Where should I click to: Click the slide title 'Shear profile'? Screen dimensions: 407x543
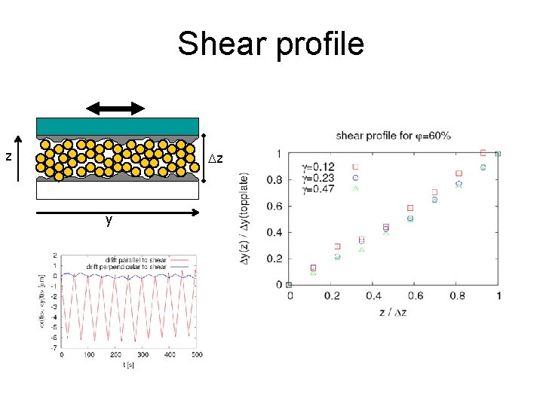click(271, 44)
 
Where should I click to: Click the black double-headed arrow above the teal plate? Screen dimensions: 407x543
click(116, 109)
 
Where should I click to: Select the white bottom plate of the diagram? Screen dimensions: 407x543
click(117, 191)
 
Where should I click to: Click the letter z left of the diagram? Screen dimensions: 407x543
click(8, 157)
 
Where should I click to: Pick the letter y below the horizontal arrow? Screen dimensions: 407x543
click(109, 220)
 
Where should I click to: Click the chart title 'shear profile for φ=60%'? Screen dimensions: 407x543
click(393, 136)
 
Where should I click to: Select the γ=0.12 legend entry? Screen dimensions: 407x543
click(319, 166)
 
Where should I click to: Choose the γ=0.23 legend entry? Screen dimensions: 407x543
click(319, 177)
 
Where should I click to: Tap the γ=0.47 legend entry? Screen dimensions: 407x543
click(319, 188)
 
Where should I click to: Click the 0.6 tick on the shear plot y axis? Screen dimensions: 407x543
click(276, 206)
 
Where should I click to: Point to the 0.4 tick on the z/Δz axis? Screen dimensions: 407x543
click(374, 297)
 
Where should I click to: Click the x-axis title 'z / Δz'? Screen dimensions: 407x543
click(394, 311)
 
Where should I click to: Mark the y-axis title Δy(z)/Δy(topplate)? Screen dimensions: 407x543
click(245, 219)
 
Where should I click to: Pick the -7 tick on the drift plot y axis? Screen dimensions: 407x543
click(54, 347)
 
